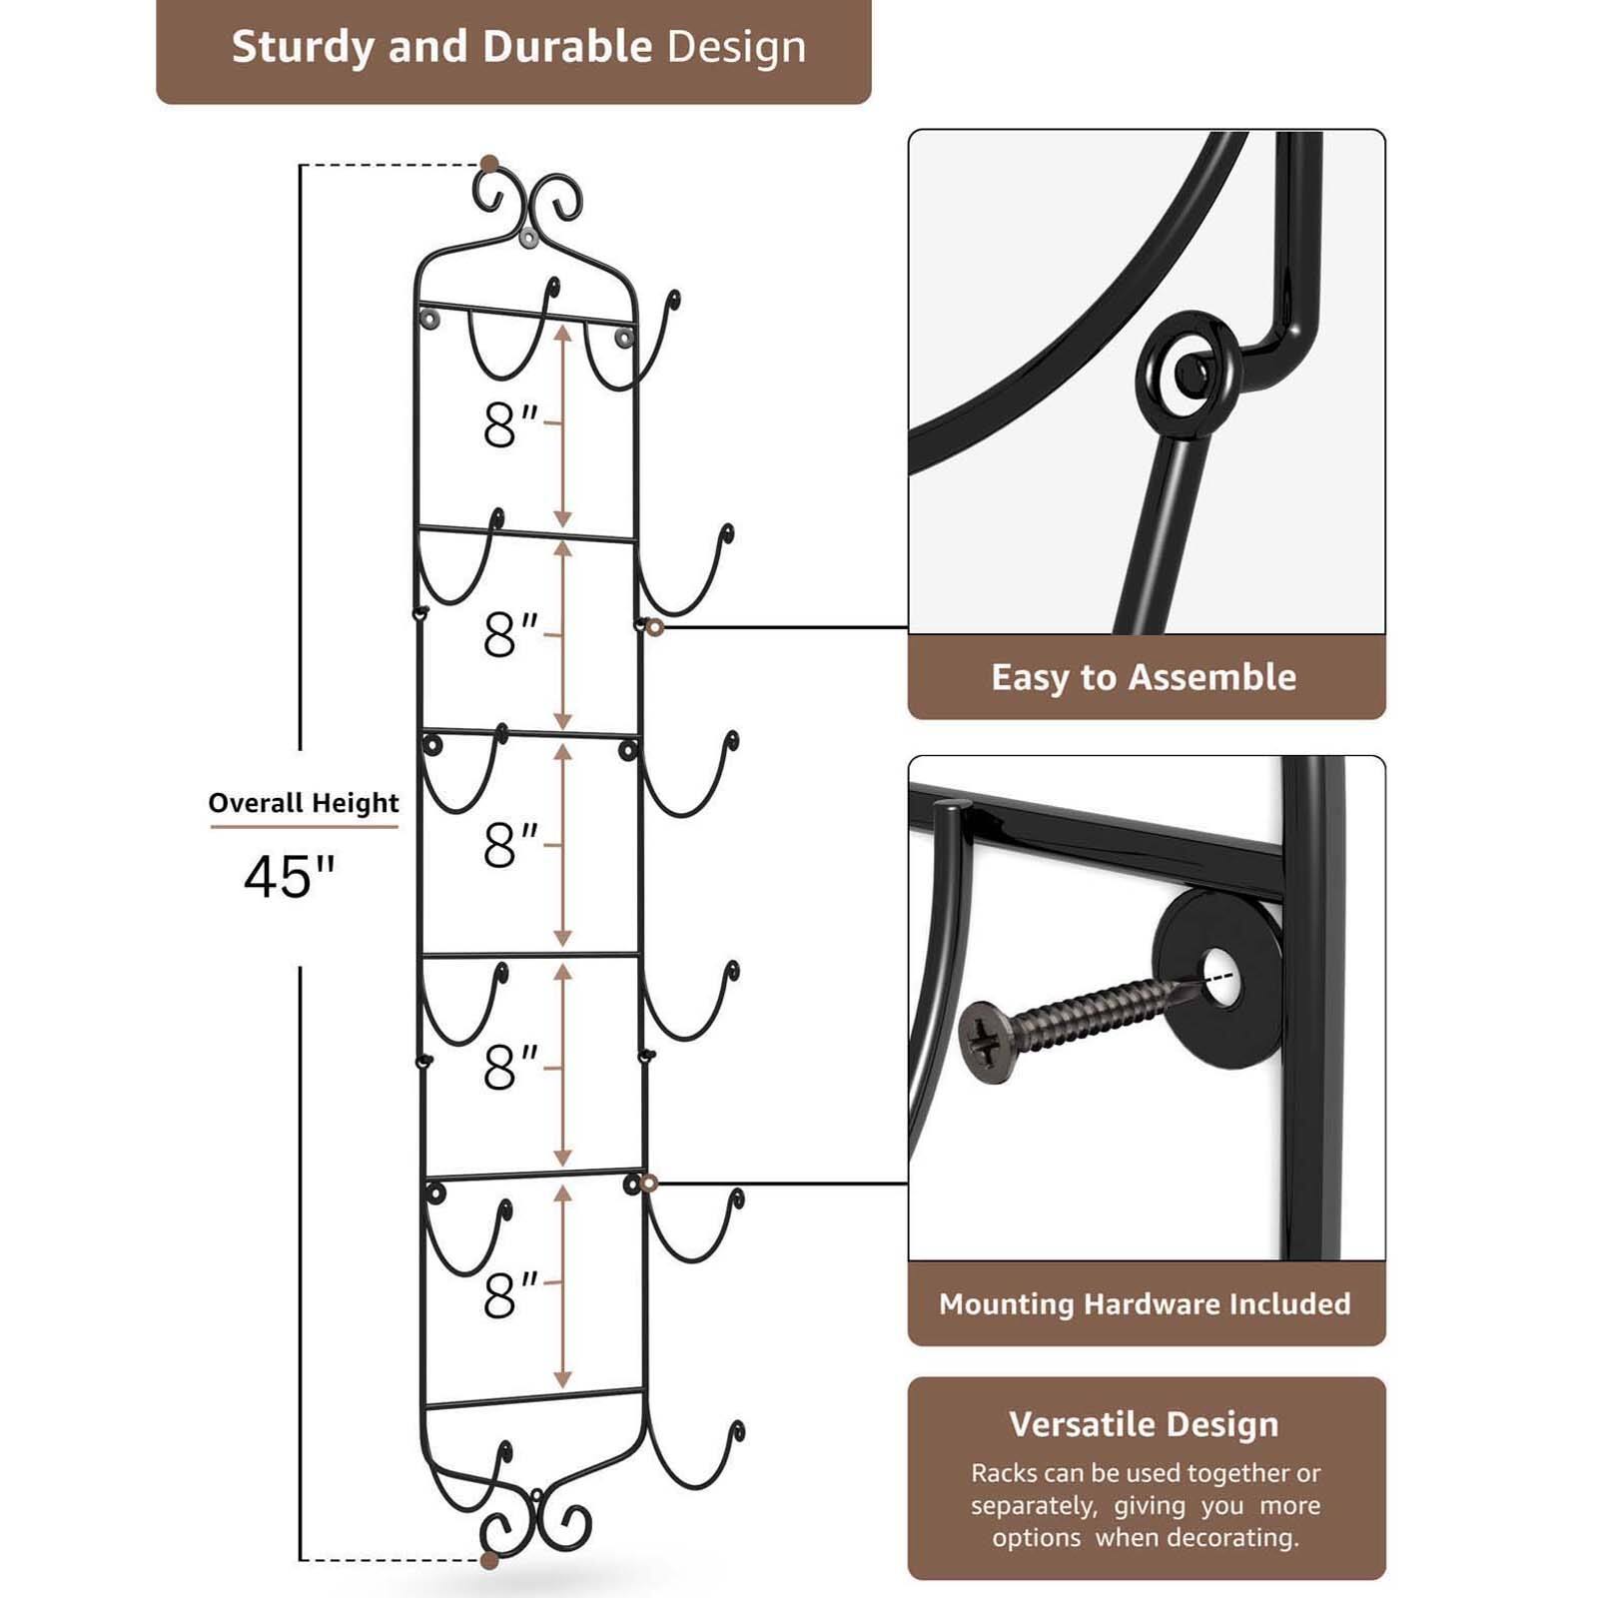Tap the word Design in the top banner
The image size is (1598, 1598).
tap(736, 48)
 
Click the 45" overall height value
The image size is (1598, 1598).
tap(289, 877)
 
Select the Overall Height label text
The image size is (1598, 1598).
tap(303, 803)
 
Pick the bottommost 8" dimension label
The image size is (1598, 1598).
tap(509, 1295)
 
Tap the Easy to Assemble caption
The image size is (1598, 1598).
tap(1144, 677)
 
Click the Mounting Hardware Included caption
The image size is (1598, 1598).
tap(1145, 1303)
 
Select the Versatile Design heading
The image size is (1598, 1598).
tap(1144, 1424)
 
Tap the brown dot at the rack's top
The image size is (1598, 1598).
tap(489, 164)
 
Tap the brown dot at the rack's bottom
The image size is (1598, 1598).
tap(489, 1560)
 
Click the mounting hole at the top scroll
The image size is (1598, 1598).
tap(528, 238)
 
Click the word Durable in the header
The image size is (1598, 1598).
tap(567, 48)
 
